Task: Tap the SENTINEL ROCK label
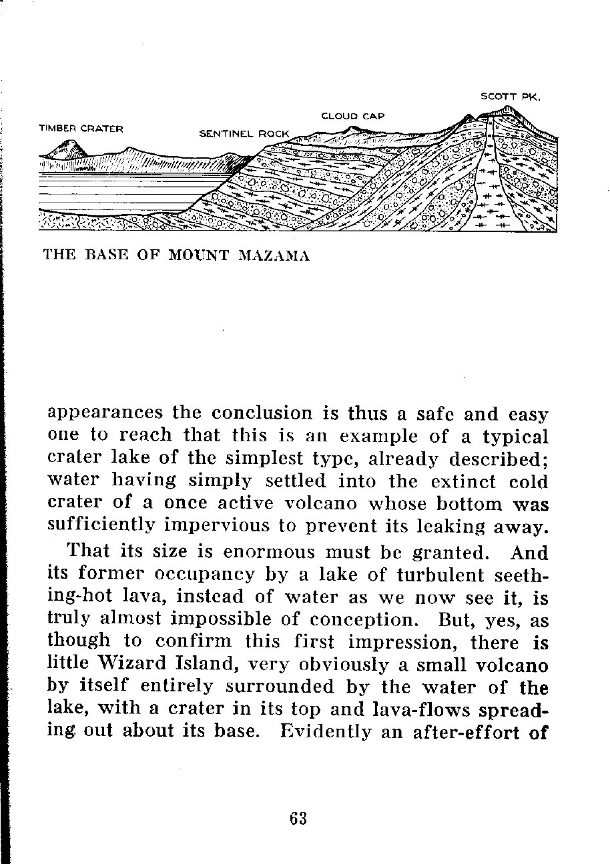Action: (244, 133)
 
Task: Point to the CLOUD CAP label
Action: (352, 116)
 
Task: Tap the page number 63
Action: (298, 818)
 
